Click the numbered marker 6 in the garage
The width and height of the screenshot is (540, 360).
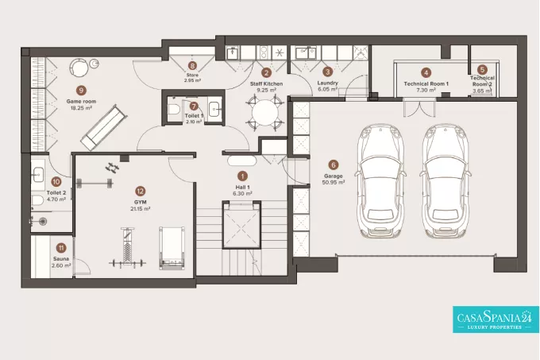pos(333,165)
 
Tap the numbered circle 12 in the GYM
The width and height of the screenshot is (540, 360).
pos(140,191)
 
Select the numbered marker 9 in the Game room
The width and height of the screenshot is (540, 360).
pos(81,91)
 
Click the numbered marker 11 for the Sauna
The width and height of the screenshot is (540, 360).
pos(61,248)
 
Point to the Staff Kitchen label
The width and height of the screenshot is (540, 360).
pos(266,83)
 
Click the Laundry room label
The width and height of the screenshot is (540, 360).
pos(327,83)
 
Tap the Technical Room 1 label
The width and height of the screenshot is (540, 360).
pos(426,83)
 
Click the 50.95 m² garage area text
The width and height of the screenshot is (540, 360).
pos(334,182)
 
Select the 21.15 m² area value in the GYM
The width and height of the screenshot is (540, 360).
pos(141,209)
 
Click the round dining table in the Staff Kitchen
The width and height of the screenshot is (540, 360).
pos(264,113)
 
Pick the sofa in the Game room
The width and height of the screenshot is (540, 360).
pos(102,128)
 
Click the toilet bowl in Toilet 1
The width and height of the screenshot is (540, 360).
pos(174,110)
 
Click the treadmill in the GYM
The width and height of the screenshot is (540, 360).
pos(172,247)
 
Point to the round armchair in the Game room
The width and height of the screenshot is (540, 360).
pos(79,68)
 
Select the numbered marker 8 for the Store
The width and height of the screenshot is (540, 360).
pos(192,65)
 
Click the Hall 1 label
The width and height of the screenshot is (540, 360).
pos(242,187)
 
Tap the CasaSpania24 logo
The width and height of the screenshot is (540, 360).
pos(496,319)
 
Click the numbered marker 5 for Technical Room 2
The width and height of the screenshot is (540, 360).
pos(482,70)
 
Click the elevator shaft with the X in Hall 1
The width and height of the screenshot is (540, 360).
pos(241,227)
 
